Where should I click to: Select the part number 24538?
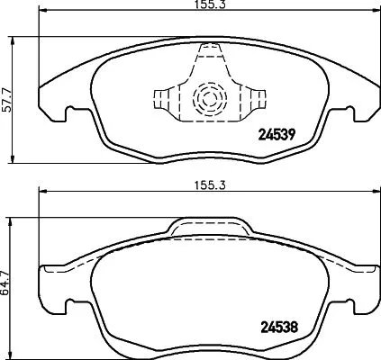pos(278,328)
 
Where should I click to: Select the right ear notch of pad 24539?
pos(346,112)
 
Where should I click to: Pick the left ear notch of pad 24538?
pos(64,310)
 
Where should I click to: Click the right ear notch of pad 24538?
pos(347,310)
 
